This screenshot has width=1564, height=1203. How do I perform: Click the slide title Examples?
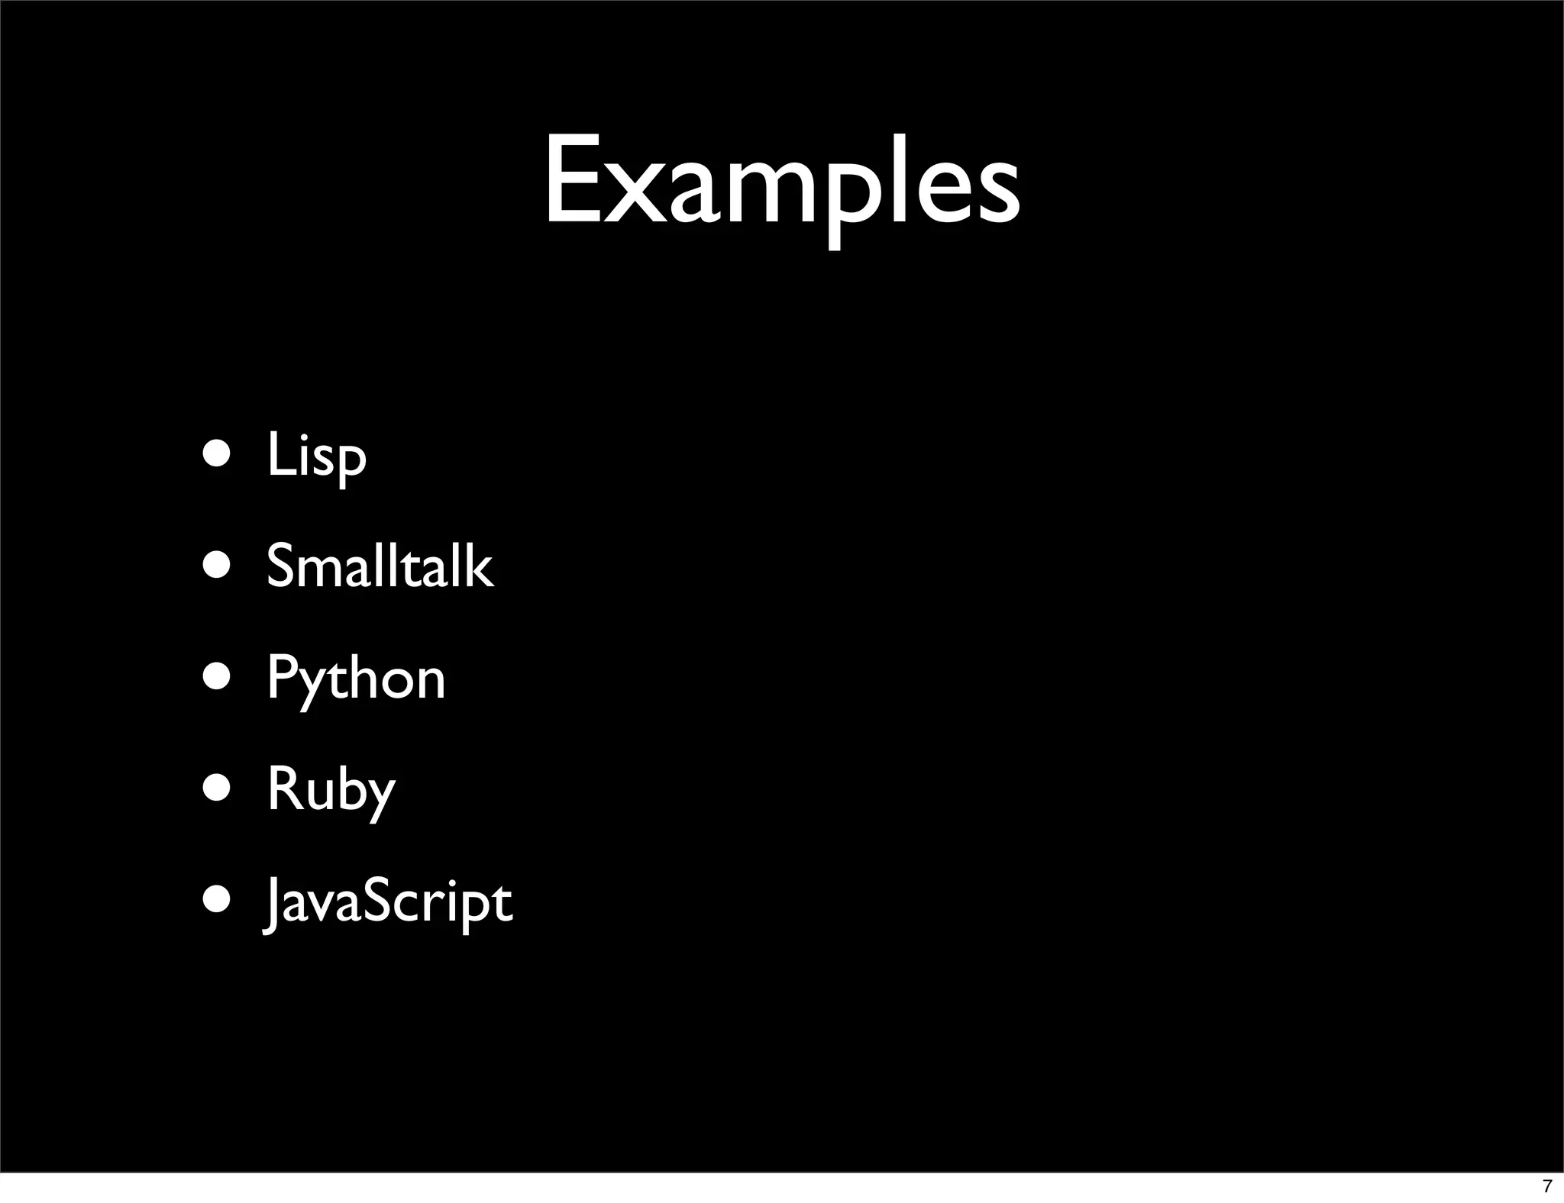781,183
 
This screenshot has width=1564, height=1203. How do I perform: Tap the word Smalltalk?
380,566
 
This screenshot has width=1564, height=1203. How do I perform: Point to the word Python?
355,679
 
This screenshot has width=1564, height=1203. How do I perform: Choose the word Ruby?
331,790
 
